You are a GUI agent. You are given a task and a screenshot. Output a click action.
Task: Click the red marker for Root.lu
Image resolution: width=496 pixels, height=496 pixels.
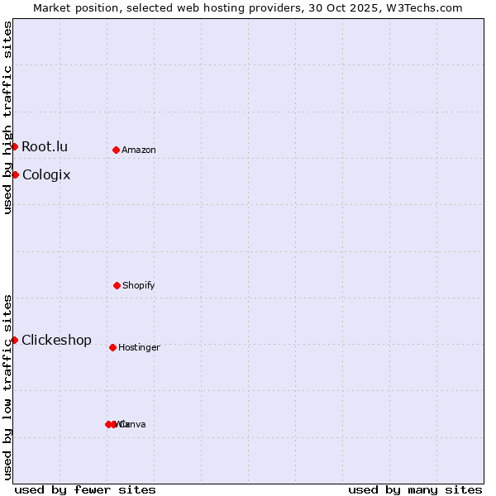(x=14, y=146)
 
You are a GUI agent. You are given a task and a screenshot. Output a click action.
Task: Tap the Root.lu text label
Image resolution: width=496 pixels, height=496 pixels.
(x=45, y=147)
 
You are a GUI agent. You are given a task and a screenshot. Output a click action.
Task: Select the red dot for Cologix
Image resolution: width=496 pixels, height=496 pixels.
(x=15, y=174)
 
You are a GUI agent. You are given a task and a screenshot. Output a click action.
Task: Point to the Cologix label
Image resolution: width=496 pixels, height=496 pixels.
(x=46, y=175)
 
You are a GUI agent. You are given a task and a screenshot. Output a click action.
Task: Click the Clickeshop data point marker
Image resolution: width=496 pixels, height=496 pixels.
(x=14, y=340)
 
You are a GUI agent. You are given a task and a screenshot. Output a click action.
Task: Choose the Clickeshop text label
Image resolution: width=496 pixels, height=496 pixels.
(x=56, y=341)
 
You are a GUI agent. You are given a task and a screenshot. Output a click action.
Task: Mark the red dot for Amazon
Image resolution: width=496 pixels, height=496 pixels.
(x=116, y=150)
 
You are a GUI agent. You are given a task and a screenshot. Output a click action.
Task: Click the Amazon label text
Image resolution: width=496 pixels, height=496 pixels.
(x=139, y=150)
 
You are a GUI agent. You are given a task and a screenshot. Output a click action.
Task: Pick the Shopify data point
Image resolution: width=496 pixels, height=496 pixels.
(x=117, y=285)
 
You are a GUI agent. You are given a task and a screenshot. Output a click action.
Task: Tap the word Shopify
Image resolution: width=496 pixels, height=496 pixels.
(x=139, y=286)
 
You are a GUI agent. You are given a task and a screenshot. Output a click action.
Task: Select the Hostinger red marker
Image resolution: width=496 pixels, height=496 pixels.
(x=112, y=347)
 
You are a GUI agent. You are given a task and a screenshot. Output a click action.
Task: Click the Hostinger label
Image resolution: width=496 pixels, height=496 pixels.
(x=139, y=348)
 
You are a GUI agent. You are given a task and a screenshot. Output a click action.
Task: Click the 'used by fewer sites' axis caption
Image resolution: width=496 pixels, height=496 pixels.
(x=85, y=489)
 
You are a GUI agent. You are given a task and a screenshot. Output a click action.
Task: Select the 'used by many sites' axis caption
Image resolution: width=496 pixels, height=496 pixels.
(x=415, y=489)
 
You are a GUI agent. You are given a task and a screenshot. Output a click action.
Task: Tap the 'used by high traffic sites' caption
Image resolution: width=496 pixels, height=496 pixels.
(x=7, y=117)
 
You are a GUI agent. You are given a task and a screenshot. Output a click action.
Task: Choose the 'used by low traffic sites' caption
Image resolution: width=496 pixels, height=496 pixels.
(x=7, y=387)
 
